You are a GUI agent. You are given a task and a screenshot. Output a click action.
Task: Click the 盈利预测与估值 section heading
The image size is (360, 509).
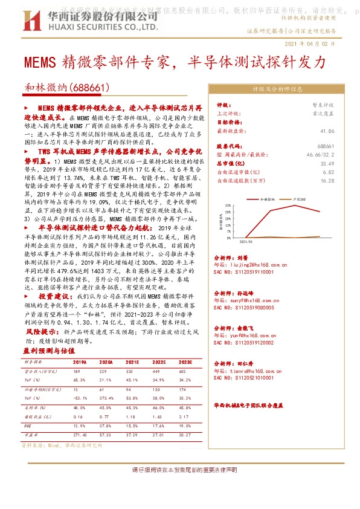(49, 351)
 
